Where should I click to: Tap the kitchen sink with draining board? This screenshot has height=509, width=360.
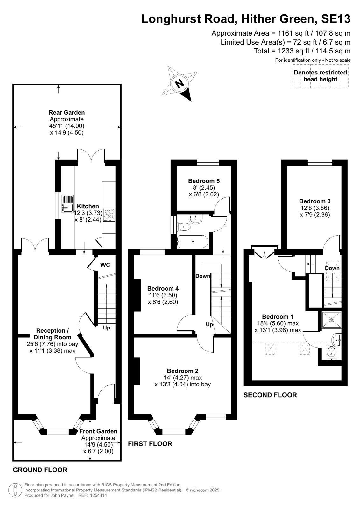(67, 204)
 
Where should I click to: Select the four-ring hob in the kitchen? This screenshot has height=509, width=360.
(109, 215)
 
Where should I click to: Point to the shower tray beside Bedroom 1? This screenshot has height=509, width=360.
(332, 320)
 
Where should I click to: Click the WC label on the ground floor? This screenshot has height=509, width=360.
(105, 265)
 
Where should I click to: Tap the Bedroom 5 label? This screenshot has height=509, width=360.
(204, 181)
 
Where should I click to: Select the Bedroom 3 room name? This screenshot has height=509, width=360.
(315, 201)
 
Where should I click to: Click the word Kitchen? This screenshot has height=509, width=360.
(88, 206)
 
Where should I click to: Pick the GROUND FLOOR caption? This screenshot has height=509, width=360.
(40, 470)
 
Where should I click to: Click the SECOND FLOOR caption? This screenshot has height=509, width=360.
(270, 395)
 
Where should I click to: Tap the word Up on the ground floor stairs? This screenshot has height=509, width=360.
(107, 328)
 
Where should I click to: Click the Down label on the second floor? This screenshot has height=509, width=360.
(332, 268)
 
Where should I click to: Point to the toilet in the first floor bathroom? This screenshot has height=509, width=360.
(184, 227)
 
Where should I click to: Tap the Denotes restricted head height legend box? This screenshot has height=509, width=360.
(321, 76)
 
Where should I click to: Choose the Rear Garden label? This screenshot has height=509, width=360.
(67, 112)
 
